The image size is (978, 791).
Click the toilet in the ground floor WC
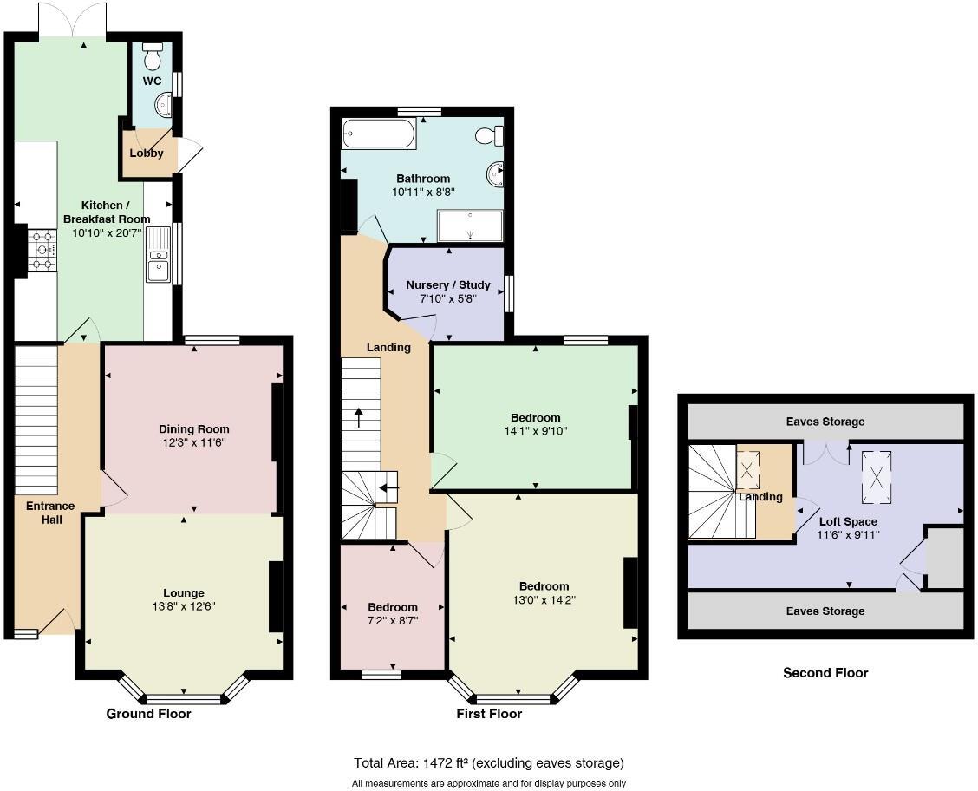(153, 56)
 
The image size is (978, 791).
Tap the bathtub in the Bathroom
(379, 134)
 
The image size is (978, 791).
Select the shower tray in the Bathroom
(470, 226)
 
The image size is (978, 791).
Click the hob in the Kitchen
(42, 250)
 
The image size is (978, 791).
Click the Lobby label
(147, 154)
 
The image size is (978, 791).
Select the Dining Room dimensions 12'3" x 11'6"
(193, 442)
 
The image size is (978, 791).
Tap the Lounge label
(183, 593)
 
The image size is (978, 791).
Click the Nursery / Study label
(447, 284)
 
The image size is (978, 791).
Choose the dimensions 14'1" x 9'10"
(535, 431)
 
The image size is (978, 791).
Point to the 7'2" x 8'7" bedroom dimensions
(392, 621)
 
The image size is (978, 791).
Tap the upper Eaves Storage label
(825, 422)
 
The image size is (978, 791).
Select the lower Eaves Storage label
(825, 611)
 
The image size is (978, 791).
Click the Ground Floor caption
(148, 714)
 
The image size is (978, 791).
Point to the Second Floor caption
(825, 672)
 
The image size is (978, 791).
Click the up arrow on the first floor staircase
(359, 416)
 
